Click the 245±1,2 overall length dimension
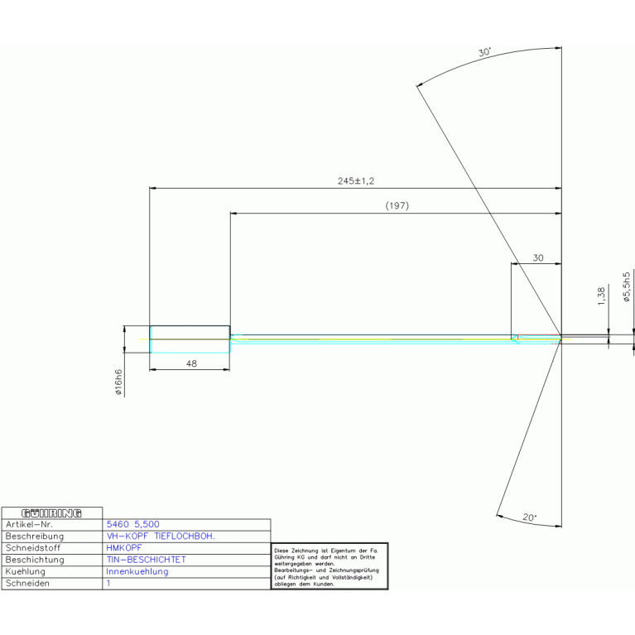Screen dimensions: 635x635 tap(356, 180)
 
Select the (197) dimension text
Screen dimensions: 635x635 tap(397, 205)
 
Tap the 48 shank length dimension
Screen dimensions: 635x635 tap(191, 363)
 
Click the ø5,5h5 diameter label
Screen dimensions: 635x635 tap(627, 286)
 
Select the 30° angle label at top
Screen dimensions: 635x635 tap(484, 53)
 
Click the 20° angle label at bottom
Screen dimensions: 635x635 tap(529, 517)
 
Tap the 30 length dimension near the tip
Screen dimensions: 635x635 tap(537, 258)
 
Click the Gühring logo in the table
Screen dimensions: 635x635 tap(51, 512)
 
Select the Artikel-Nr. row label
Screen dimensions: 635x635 tap(29, 525)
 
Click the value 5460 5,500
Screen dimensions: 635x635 tap(133, 525)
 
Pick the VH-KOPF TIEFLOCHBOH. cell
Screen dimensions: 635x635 tap(161, 536)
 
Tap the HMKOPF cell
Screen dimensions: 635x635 tap(123, 548)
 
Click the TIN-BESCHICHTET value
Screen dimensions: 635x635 tap(147, 560)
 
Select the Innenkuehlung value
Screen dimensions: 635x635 tap(137, 571)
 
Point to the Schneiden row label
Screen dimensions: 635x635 tap(27, 583)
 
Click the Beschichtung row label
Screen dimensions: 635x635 tap(35, 560)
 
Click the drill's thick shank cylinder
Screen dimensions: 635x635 tap(190, 339)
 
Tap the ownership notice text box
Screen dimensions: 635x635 tap(329, 566)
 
